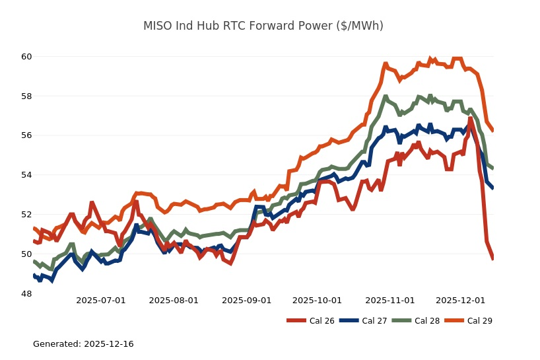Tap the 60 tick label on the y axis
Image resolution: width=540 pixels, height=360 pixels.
[x=26, y=57]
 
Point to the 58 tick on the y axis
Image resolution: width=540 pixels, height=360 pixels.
[x=26, y=96]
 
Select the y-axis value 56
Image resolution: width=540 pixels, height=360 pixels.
[x=26, y=135]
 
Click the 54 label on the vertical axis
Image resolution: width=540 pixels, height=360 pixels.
[x=26, y=175]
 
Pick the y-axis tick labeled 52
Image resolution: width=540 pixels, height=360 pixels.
[x=26, y=215]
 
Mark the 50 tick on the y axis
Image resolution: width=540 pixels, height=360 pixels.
[x=26, y=254]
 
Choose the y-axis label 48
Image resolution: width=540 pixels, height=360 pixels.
[x=26, y=294]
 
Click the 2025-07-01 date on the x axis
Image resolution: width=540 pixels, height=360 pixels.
[x=101, y=301]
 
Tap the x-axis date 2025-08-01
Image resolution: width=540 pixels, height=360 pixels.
[x=174, y=301]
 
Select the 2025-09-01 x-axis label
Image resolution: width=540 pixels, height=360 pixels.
[x=247, y=301]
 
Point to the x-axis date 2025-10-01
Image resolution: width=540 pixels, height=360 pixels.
[x=317, y=301]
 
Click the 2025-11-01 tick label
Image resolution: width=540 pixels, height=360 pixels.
[x=390, y=301]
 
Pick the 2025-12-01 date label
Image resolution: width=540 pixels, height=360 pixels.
[x=461, y=301]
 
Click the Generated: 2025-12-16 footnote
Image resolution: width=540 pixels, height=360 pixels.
[x=83, y=344]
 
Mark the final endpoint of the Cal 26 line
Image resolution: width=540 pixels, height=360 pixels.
[x=492, y=258]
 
